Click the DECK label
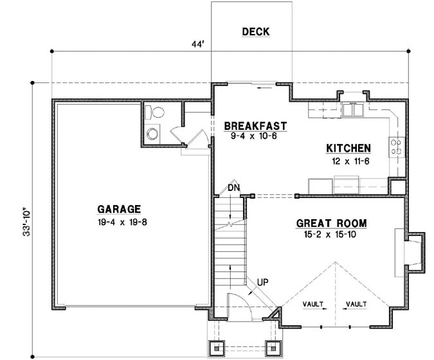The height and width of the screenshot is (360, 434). (255, 32)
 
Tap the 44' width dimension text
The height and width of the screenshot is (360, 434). (197, 44)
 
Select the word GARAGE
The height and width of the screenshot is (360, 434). (119, 209)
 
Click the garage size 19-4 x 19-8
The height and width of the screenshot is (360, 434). (119, 222)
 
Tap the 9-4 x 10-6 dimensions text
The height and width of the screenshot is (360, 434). (254, 136)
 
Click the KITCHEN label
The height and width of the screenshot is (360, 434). (348, 148)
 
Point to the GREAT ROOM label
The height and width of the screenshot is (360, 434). (331, 224)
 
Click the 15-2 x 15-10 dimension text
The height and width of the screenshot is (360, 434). (331, 235)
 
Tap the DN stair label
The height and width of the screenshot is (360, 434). (233, 188)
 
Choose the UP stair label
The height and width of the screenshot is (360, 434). (262, 282)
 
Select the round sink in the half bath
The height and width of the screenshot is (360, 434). (152, 134)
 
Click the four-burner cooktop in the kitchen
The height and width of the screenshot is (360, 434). (396, 147)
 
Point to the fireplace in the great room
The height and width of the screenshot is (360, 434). (412, 251)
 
